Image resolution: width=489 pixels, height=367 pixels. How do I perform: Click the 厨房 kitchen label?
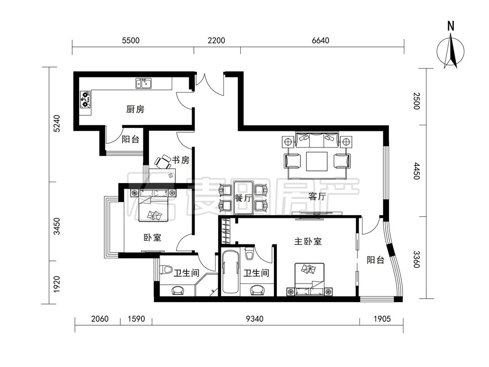tap(135, 110)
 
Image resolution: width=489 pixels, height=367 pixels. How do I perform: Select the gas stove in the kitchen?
tap(85, 99)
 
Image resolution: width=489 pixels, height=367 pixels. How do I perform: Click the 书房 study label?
tap(181, 160)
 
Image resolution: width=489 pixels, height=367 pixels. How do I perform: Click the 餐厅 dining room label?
tap(243, 198)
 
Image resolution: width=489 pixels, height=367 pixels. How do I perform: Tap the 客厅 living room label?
tap(317, 197)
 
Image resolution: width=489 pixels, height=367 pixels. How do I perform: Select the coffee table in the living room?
tap(317, 161)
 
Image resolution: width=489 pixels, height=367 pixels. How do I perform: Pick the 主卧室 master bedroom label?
tap(308, 241)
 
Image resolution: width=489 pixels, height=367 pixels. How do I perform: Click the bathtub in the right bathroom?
tap(230, 272)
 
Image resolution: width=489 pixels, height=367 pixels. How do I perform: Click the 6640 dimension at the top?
tap(320, 40)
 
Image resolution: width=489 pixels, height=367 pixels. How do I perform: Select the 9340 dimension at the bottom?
tap(255, 319)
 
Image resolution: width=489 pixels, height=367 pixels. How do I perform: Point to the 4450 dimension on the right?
tap(417, 171)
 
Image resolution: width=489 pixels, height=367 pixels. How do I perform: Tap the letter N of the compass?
tap(451, 26)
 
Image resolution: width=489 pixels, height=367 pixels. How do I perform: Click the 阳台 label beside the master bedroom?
tap(375, 260)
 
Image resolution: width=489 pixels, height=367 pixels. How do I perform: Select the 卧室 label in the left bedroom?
tap(152, 237)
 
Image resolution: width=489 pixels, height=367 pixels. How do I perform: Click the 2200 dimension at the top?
tap(216, 40)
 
